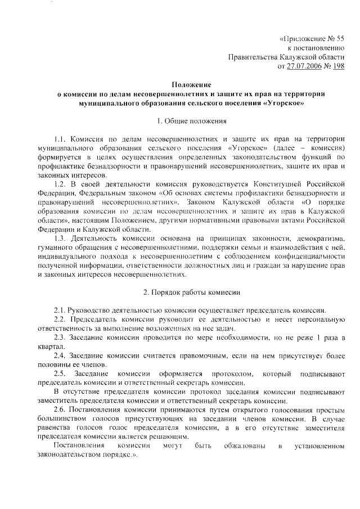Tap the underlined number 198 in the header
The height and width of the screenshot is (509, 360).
coord(338,66)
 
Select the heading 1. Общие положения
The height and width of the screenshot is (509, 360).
coord(183,120)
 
